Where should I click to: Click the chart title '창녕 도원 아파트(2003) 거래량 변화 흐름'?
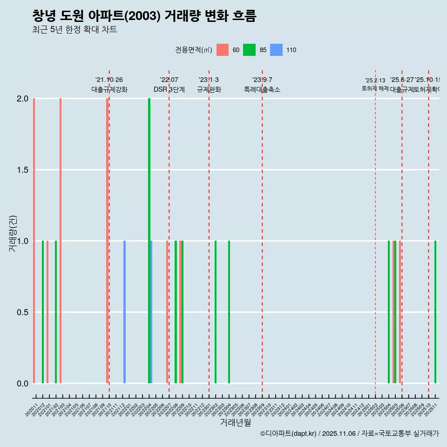[x=144, y=16]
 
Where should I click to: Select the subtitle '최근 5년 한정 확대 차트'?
[x=74, y=30]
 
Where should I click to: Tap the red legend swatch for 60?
[x=223, y=50]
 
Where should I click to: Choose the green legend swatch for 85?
[x=250, y=50]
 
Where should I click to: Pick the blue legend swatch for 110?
[x=277, y=50]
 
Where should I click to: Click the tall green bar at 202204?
[x=149, y=233]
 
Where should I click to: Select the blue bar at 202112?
[x=124, y=312]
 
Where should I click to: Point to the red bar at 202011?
[x=34, y=233]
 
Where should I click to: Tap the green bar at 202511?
[x=435, y=312]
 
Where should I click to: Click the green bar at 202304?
[x=229, y=312]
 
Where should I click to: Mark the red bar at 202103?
[x=61, y=233]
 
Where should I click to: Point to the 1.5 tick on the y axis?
[x=22, y=170]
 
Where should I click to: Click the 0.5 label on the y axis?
[x=22, y=312]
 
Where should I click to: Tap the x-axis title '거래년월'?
[x=235, y=422]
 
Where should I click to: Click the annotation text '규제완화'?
[x=209, y=90]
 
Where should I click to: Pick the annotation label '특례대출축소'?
[x=262, y=90]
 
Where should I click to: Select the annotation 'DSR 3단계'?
[x=169, y=90]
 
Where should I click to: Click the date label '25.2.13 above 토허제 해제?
[x=375, y=81]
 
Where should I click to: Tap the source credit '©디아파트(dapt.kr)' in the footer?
[x=289, y=433]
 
